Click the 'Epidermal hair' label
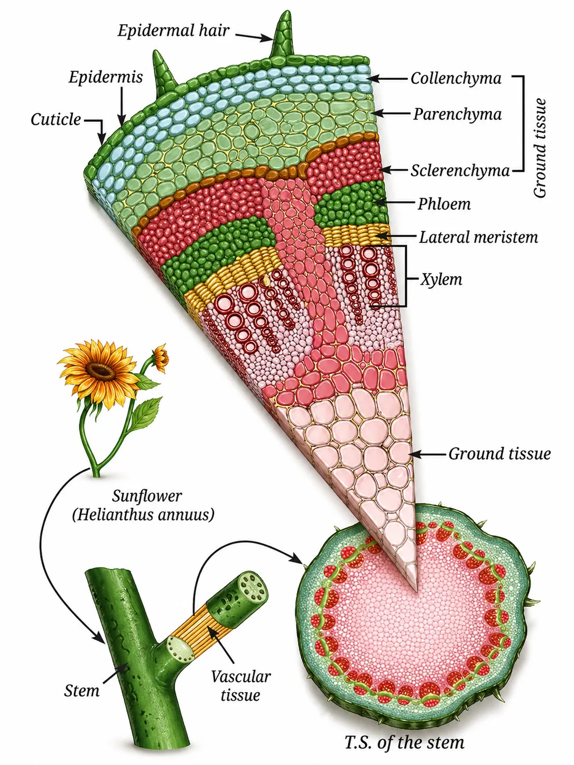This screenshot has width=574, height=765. coord(173,31)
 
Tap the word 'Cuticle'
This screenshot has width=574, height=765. coord(55,119)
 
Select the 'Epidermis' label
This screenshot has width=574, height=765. coord(106,77)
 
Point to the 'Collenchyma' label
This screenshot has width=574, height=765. coord(456,78)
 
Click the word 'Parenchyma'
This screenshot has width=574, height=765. coord(457,114)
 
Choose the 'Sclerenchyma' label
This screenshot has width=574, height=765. coord(460,171)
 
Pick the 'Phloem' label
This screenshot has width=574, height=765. coord(444,204)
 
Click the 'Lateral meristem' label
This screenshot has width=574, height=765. coord(478,237)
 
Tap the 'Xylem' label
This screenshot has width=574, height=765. coord(441,279)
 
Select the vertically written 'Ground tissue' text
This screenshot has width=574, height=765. coord(540,148)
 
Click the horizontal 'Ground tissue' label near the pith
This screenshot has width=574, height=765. coord(499,453)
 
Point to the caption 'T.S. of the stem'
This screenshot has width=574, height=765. coord(404,742)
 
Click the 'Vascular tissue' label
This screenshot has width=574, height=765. coord(240,685)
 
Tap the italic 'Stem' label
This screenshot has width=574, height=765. coord(81,691)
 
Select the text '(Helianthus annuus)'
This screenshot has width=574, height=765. coord(143,514)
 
